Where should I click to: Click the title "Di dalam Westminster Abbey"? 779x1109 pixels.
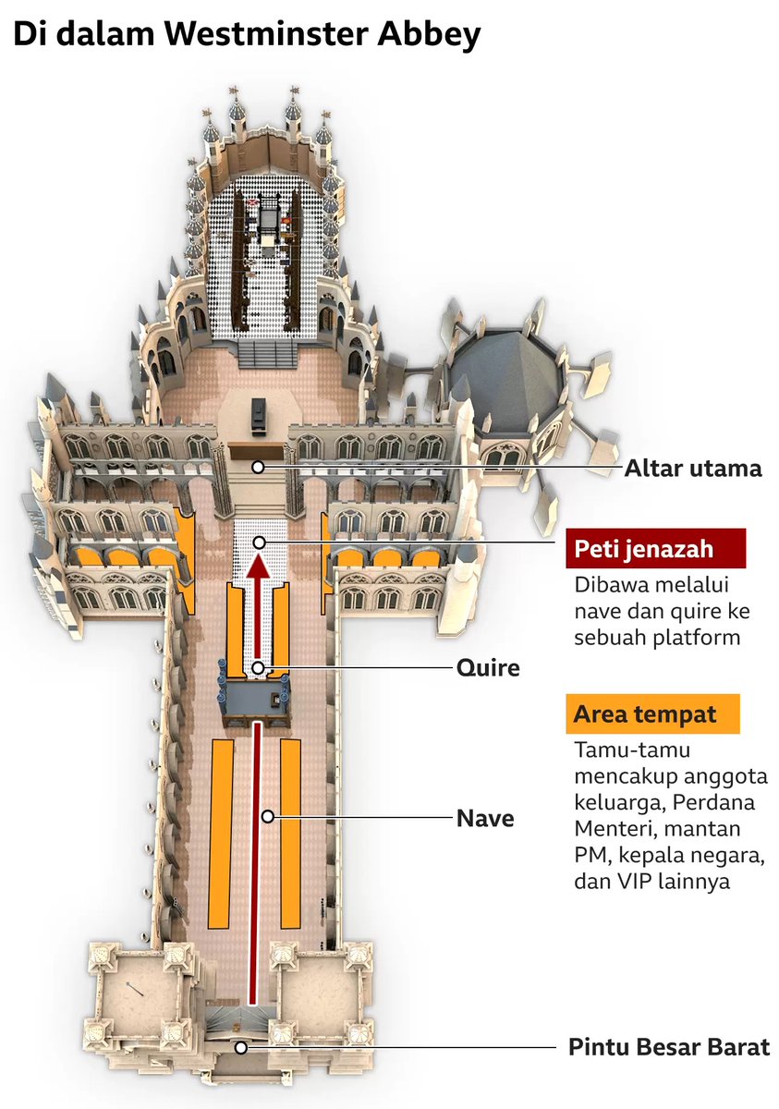[x=247, y=35]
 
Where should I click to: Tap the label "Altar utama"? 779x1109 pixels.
[x=693, y=469]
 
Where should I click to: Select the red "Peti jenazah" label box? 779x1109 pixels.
[x=655, y=549]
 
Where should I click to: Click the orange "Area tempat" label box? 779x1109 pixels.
[x=652, y=714]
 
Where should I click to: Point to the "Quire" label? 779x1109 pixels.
[x=488, y=667]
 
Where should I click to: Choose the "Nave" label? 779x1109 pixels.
[x=485, y=817]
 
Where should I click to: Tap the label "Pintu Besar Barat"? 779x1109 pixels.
[x=669, y=1048]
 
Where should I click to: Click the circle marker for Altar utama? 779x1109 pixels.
[x=259, y=468]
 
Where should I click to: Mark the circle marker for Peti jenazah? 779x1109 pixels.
[x=260, y=542]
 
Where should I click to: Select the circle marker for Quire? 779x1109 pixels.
[x=260, y=667]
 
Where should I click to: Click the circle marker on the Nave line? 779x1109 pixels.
[x=267, y=816]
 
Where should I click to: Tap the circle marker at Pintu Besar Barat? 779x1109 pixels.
[x=240, y=1047]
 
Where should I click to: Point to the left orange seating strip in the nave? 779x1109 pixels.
[x=220, y=832]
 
